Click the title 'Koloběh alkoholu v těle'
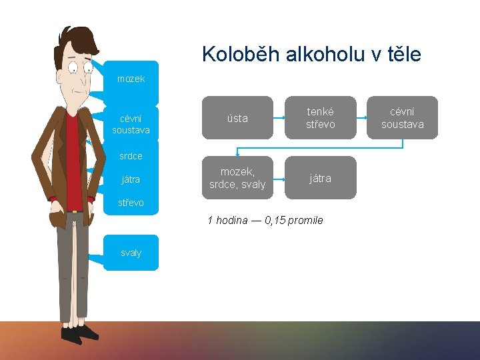click(311, 54)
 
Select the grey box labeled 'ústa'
click(237, 118)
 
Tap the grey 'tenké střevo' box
click(320, 118)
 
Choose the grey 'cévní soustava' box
click(402, 118)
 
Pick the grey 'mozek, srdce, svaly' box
click(237, 178)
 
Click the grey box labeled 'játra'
click(320, 178)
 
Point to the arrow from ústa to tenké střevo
click(279, 118)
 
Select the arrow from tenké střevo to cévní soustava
click(361, 118)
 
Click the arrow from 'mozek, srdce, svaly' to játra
click(279, 178)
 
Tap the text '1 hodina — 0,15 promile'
click(265, 220)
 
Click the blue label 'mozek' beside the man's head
click(131, 79)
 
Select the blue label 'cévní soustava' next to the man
click(131, 124)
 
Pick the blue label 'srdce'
click(131, 156)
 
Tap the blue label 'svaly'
click(131, 253)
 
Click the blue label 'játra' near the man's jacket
click(131, 179)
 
